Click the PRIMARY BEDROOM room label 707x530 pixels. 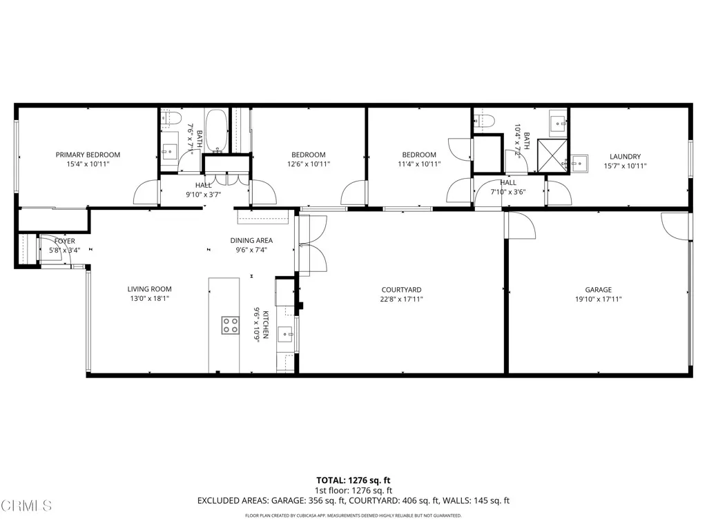click(88, 155)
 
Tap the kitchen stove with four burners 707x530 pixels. click(230, 325)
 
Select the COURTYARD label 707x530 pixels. click(401, 290)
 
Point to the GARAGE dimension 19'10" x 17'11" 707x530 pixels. click(599, 300)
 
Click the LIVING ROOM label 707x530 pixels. click(149, 289)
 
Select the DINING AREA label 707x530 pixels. click(251, 241)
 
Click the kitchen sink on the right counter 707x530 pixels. click(285, 335)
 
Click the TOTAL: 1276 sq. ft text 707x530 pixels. click(353, 480)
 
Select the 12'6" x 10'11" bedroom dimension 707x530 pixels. click(308, 164)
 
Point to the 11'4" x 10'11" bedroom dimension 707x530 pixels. click(419, 164)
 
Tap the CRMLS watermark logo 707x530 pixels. click(26, 505)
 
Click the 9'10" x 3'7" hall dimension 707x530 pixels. click(203, 195)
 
